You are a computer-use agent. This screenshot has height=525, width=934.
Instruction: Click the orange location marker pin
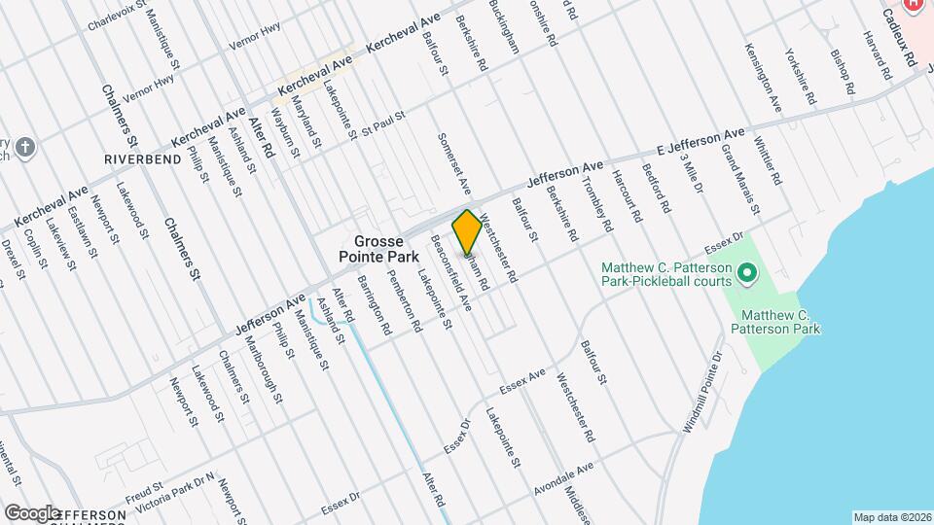467,232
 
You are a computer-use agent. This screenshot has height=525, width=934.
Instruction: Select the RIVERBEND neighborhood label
143,157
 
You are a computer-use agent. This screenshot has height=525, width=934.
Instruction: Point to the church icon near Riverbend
26,149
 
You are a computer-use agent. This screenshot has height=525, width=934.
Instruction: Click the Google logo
31,512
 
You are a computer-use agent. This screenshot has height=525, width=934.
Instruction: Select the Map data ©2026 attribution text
892,517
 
